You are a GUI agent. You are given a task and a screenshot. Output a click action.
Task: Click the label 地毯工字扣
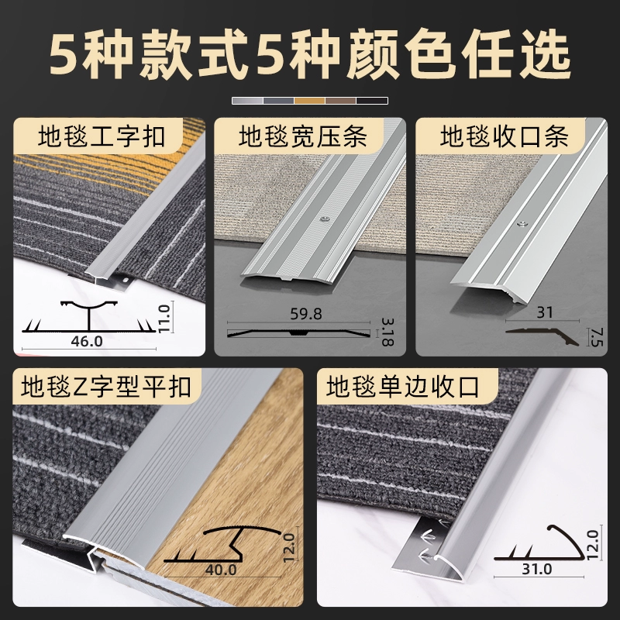click(x=102, y=138)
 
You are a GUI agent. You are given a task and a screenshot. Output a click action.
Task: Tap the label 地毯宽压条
click(x=302, y=138)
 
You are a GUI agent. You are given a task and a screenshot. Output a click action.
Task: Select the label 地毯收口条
click(x=505, y=138)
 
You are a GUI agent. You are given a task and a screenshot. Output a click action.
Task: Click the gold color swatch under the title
click(x=310, y=101)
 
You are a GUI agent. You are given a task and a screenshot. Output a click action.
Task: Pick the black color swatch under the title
click(x=372, y=101)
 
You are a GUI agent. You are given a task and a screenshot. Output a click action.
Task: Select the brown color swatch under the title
click(x=341, y=101)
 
